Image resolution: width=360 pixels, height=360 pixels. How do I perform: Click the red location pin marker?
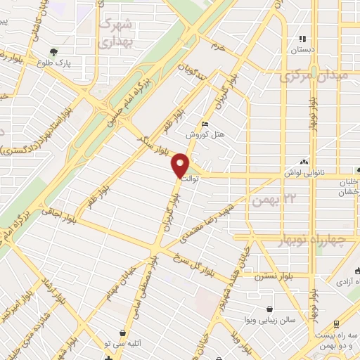[x=181, y=165]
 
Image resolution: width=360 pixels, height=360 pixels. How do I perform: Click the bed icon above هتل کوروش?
[x=205, y=124]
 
